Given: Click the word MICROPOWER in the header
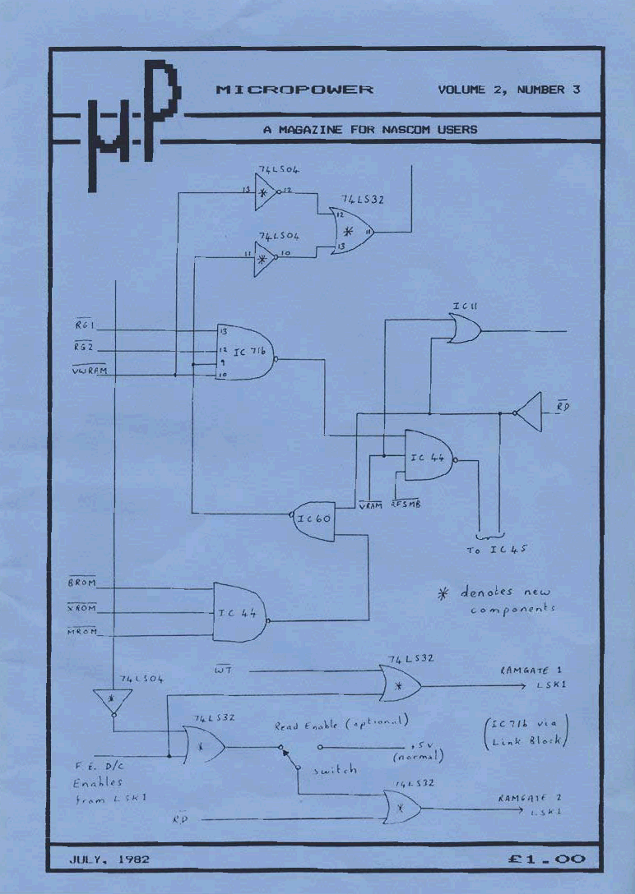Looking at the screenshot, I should coord(294,90).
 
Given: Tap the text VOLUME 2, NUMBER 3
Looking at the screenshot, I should coord(509,90).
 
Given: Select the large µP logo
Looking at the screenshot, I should coord(132,127).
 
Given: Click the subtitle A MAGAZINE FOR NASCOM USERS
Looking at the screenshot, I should coord(369,129).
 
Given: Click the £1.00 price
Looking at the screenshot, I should coord(547,859).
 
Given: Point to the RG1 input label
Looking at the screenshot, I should coord(85,326).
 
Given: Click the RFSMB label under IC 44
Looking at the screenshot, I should coord(406,504).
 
